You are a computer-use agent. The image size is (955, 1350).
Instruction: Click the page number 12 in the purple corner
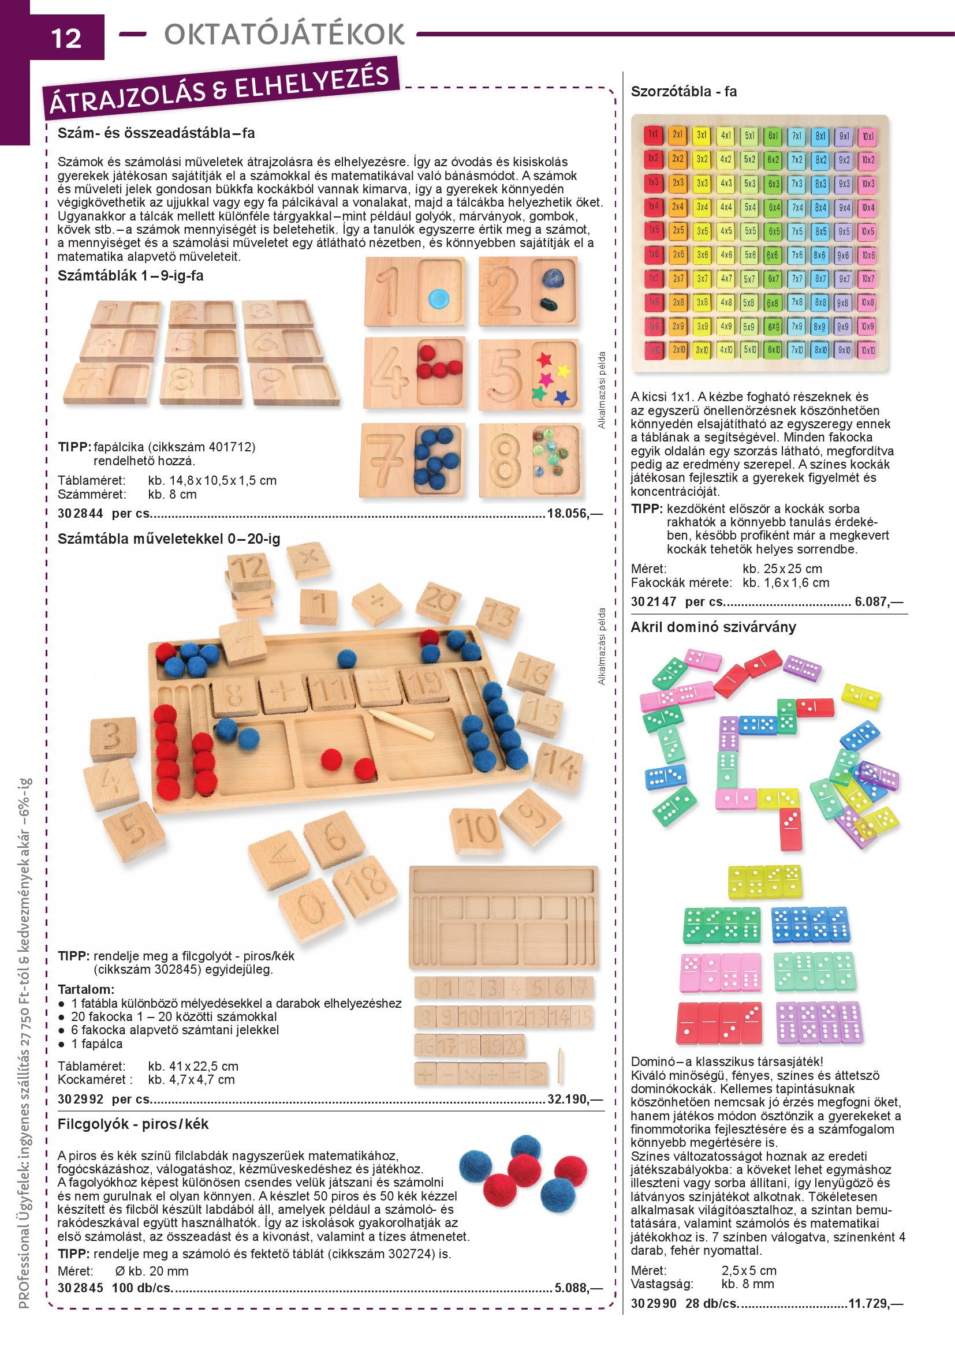click(x=66, y=38)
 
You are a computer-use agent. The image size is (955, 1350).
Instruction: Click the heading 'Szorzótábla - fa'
click(x=683, y=92)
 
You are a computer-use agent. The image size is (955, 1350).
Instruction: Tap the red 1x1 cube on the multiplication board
click(x=654, y=134)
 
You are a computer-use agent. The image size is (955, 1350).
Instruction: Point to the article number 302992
click(x=81, y=1099)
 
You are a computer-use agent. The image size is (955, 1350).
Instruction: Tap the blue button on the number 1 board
click(x=438, y=300)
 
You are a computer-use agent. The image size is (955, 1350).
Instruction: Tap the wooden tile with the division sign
click(x=376, y=604)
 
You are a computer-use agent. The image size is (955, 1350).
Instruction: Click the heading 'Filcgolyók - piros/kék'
click(x=133, y=1124)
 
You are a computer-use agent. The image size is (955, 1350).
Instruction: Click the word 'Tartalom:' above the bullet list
click(x=86, y=989)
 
